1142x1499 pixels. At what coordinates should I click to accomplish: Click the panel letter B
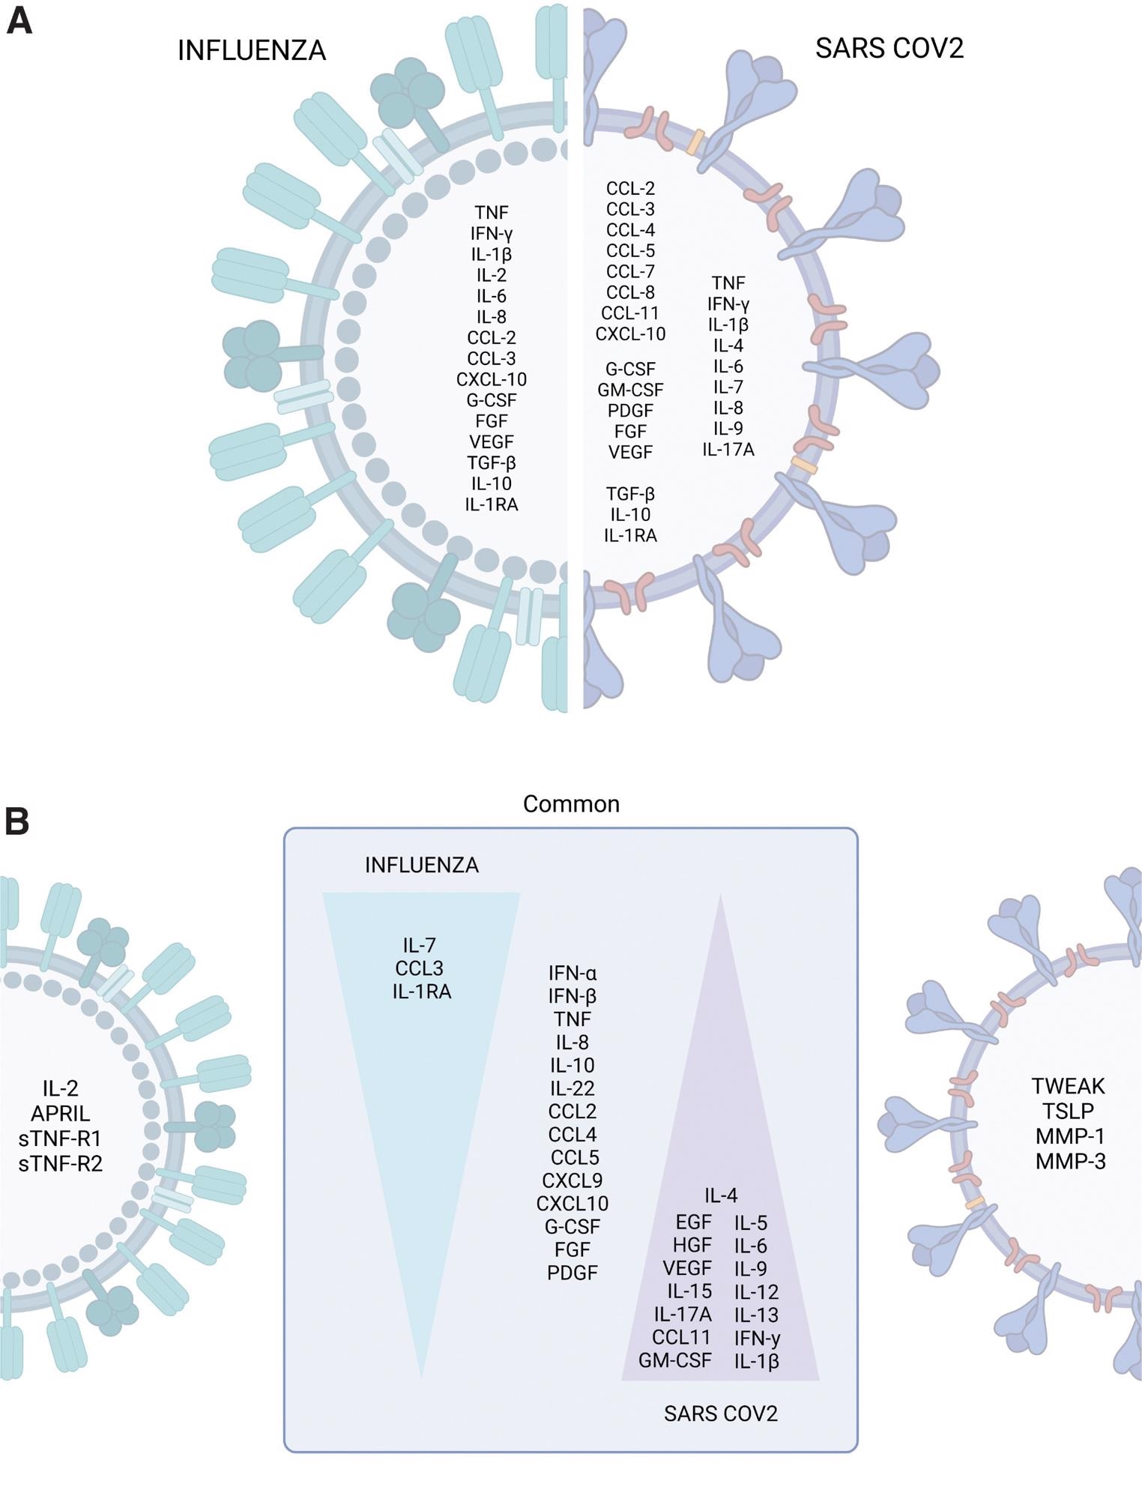(x=17, y=821)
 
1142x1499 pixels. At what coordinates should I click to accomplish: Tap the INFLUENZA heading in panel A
(x=252, y=51)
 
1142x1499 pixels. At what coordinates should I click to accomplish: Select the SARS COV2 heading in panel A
(x=889, y=49)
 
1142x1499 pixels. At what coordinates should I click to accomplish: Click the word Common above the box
(x=571, y=804)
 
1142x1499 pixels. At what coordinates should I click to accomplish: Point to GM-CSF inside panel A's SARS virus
(x=630, y=390)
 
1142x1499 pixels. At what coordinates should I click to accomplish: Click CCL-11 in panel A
(x=630, y=313)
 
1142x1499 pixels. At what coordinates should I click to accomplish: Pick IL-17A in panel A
(x=728, y=450)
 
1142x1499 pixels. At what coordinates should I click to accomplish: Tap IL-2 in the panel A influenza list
(x=492, y=275)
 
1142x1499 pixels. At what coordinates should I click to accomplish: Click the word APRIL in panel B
(x=60, y=1114)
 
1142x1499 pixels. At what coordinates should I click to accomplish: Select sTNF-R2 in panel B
(x=60, y=1164)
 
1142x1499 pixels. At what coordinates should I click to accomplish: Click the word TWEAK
(x=1069, y=1086)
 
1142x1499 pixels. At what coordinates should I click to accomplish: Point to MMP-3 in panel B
(x=1070, y=1162)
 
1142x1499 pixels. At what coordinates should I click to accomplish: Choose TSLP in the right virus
(x=1070, y=1111)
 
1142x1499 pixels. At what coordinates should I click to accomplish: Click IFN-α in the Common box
(x=572, y=974)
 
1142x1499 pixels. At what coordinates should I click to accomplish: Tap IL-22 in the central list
(x=572, y=1088)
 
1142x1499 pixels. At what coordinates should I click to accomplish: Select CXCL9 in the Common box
(x=572, y=1181)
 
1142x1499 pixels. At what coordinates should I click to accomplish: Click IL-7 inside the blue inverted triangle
(x=420, y=945)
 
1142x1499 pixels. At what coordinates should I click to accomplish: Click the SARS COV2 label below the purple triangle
(x=720, y=1414)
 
